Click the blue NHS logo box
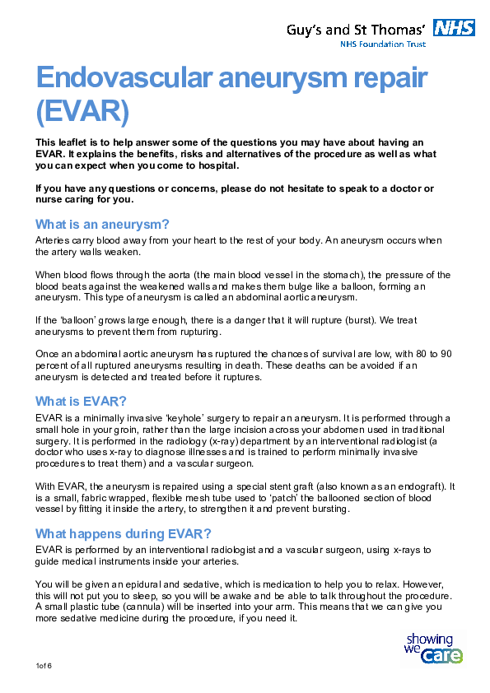(455, 29)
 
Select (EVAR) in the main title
(82, 110)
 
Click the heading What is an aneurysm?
(102, 224)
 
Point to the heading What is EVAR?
(81, 401)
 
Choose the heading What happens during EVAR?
(124, 533)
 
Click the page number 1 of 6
(44, 664)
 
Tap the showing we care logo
(433, 649)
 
